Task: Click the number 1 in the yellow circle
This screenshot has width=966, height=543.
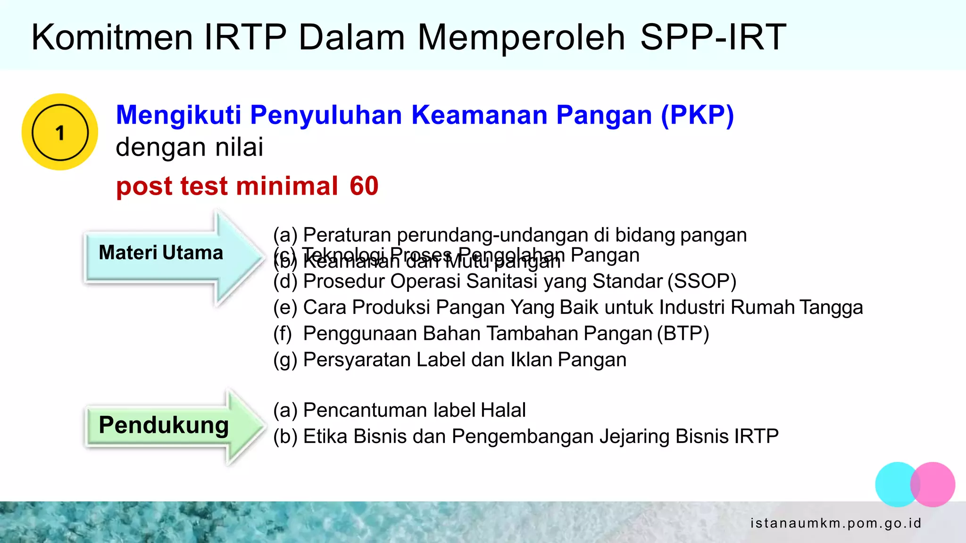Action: point(60,132)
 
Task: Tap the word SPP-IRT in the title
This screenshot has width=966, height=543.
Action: point(713,37)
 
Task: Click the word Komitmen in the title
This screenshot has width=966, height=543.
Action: point(112,37)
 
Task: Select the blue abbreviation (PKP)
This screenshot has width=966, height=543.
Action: point(697,115)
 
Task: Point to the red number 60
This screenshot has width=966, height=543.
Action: point(364,186)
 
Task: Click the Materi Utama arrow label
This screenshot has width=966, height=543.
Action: point(161,253)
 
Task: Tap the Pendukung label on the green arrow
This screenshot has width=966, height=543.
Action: point(164,425)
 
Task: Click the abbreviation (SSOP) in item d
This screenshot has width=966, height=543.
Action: point(702,281)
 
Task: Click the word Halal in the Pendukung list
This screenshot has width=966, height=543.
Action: point(503,410)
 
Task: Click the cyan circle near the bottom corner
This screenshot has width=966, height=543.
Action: point(894,485)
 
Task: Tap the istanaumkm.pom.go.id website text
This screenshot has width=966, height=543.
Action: point(835,523)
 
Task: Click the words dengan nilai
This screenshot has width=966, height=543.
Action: point(190,147)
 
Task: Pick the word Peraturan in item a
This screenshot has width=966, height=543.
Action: point(347,235)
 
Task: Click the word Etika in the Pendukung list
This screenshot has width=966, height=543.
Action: point(325,436)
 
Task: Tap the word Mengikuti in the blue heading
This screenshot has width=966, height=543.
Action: point(179,115)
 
